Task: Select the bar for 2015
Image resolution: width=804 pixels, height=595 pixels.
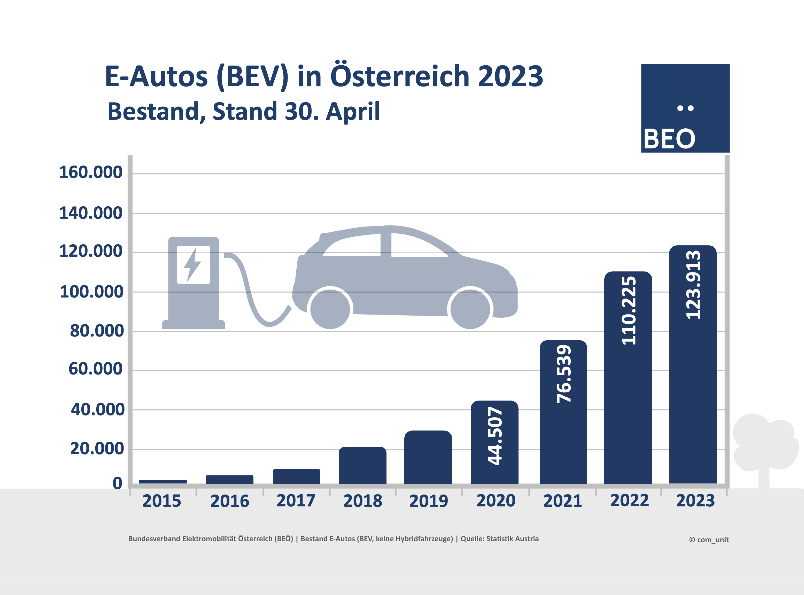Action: pyautogui.click(x=163, y=482)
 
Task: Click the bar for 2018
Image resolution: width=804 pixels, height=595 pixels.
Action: pyautogui.click(x=362, y=465)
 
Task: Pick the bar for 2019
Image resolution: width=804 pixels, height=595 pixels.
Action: pyautogui.click(x=428, y=457)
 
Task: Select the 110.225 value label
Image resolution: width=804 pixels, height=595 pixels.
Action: pyautogui.click(x=629, y=310)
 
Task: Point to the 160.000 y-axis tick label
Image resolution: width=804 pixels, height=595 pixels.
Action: pyautogui.click(x=91, y=172)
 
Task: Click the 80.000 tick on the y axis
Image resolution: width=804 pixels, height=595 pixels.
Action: pyautogui.click(x=97, y=331)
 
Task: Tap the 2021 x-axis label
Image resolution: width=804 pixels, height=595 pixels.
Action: pyautogui.click(x=563, y=501)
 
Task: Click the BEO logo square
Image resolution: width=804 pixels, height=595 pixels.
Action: pyautogui.click(x=685, y=108)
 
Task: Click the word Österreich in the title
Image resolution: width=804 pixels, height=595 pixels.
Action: pyautogui.click(x=400, y=76)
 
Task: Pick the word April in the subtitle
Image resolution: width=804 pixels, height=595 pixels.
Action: pyautogui.click(x=353, y=111)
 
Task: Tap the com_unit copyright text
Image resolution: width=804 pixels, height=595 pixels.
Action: pyautogui.click(x=709, y=539)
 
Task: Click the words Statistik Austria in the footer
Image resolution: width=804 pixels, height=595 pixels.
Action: pyautogui.click(x=512, y=539)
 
